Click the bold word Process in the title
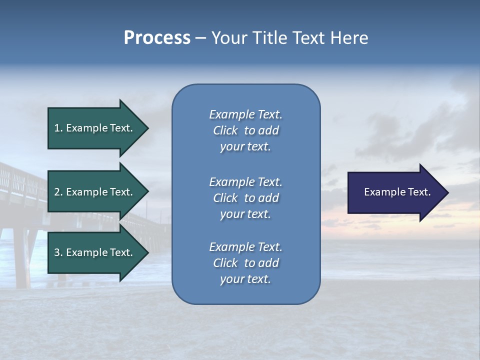point(157,38)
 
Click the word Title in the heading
point(267,38)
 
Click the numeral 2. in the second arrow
point(58,192)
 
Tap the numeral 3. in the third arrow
point(58,252)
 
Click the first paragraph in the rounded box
point(245,130)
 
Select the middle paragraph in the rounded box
point(245,198)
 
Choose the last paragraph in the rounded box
point(245,263)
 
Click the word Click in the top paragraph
point(225,130)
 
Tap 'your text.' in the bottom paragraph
point(245,279)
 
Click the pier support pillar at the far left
point(20,260)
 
